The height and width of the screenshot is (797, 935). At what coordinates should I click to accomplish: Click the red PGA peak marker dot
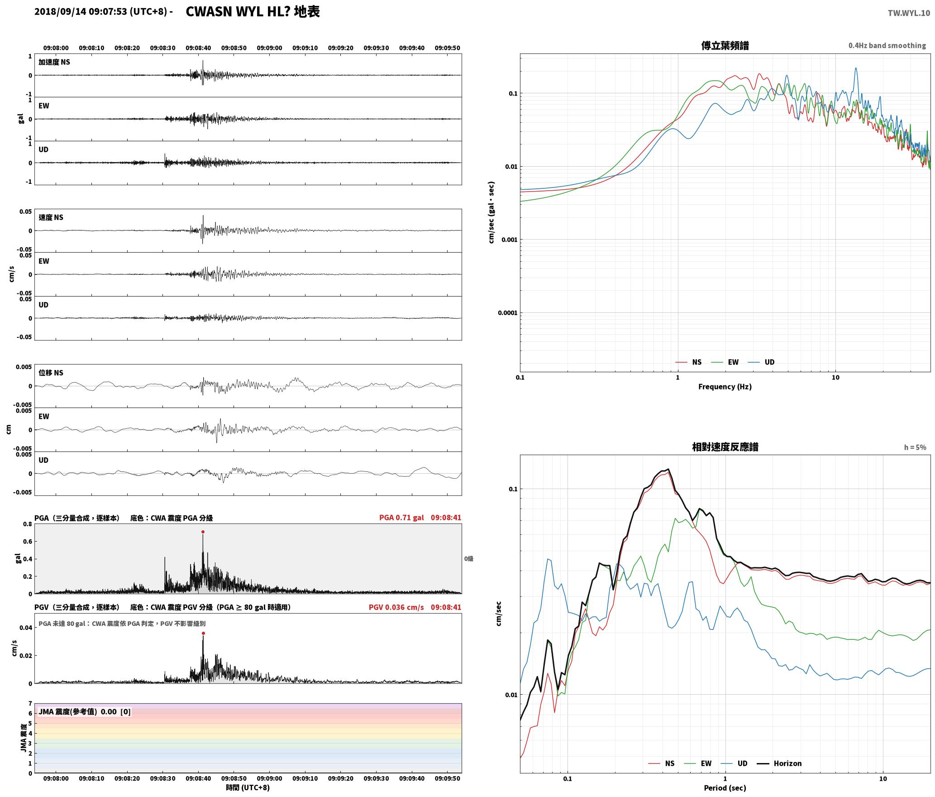203,532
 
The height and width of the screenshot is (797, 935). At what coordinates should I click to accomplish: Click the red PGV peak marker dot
203,633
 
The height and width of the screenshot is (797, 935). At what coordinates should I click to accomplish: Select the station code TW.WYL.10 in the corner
909,13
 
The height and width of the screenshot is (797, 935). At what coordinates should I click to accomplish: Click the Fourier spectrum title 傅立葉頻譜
725,45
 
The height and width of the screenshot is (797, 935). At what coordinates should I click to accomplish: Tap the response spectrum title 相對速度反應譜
725,447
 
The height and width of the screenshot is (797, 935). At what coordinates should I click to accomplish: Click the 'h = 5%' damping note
915,447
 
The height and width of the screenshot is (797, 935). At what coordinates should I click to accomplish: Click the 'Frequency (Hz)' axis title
725,386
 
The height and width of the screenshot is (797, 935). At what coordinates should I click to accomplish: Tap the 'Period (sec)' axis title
725,788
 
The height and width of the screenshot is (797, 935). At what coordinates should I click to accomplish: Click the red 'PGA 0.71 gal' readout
401,518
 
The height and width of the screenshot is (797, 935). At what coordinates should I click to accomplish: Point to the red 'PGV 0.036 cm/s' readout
396,607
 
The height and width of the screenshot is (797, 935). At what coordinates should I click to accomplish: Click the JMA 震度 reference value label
85,711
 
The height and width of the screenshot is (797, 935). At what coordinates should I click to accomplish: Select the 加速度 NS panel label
54,62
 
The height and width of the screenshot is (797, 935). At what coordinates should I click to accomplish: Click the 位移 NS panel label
51,373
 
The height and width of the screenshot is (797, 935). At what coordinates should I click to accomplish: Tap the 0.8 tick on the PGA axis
28,524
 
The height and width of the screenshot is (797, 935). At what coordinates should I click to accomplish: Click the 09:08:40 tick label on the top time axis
198,48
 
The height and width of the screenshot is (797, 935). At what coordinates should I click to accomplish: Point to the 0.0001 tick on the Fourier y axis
507,313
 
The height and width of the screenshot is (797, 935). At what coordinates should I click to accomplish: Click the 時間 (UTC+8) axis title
248,787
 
